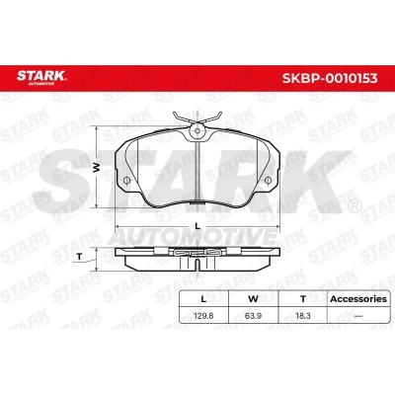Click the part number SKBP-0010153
coord(330,78)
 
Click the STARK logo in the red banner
coord(41,77)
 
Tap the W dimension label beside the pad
coord(96,168)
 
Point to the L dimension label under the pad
coord(197,226)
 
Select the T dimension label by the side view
coord(79,257)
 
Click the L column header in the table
coord(203,299)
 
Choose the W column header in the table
coord(253,299)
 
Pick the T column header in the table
coord(303,299)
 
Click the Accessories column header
coord(358,299)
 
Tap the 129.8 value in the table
coord(203,316)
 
